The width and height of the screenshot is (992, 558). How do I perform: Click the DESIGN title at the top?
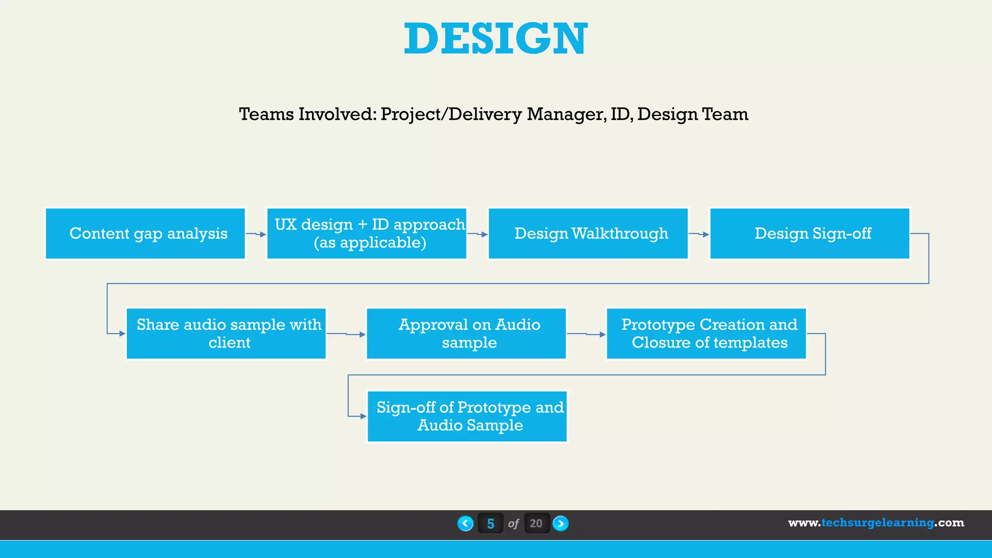coord(496,39)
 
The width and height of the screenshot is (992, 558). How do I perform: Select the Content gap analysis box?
coord(145,233)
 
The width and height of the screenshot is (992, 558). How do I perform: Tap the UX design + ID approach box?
coord(367,233)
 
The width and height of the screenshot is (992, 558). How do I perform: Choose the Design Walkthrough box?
coord(588,233)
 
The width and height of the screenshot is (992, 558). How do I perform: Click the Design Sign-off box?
coord(809,233)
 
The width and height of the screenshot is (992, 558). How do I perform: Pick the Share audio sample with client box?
coord(226,334)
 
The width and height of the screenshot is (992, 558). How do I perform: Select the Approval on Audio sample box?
coord(466,334)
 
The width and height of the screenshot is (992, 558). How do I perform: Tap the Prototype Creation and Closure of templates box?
coord(706,334)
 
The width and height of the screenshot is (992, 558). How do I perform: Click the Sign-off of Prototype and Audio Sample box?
coord(467,417)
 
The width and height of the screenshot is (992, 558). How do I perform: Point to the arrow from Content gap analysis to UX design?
coord(256,234)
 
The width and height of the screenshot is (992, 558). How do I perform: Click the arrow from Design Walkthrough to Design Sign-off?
coord(699,234)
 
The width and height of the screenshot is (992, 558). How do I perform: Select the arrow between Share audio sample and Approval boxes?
coord(346,334)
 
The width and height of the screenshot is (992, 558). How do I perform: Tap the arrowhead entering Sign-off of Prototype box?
coord(363,417)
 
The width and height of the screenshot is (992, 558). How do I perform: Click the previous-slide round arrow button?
coord(465,524)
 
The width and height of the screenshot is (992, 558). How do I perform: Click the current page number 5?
coord(490,524)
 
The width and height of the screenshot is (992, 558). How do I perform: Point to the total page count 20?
coord(536,524)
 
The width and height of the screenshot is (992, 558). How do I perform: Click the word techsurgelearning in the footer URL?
coord(877,523)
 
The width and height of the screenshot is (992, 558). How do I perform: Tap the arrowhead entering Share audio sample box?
coord(123,334)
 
